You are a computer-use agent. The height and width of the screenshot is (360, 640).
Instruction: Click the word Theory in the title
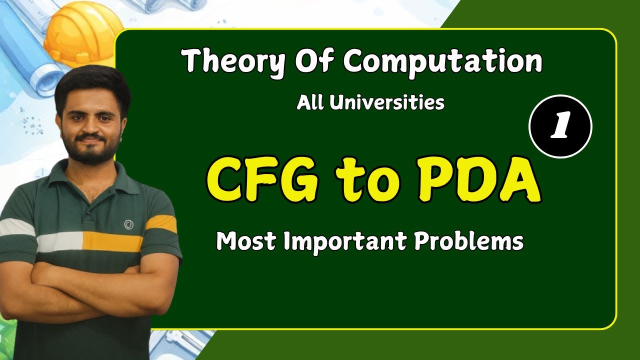click(230, 62)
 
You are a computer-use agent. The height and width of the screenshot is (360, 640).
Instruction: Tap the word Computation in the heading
click(442, 62)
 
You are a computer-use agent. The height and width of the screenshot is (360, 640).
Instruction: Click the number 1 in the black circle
click(560, 127)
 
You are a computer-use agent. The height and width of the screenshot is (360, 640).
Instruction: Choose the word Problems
click(468, 242)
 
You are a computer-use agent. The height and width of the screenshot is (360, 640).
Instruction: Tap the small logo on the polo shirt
click(128, 224)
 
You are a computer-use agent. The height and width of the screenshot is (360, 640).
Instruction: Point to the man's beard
click(94, 152)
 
